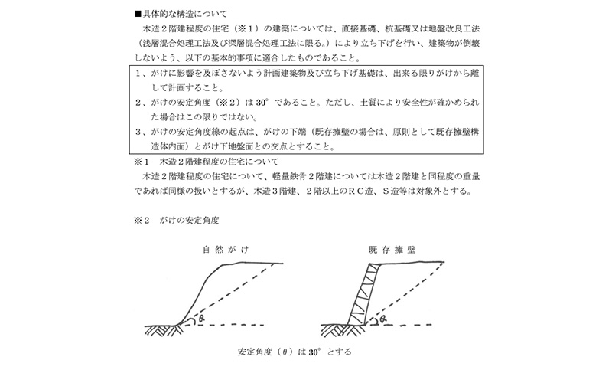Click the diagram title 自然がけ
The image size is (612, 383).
[226, 250]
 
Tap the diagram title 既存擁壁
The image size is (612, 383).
[391, 250]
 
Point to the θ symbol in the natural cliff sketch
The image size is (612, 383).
[200, 317]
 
